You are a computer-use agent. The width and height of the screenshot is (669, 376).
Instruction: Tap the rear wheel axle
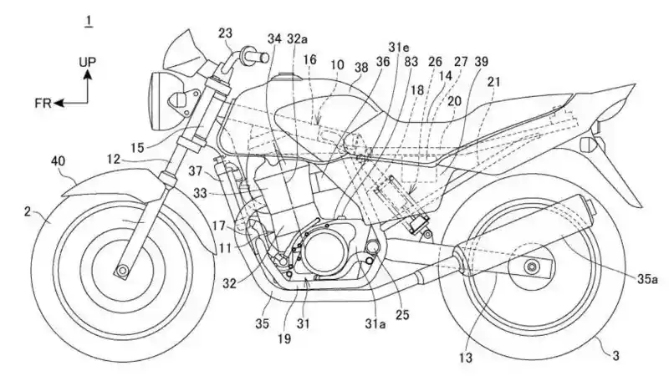(x=530, y=267)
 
